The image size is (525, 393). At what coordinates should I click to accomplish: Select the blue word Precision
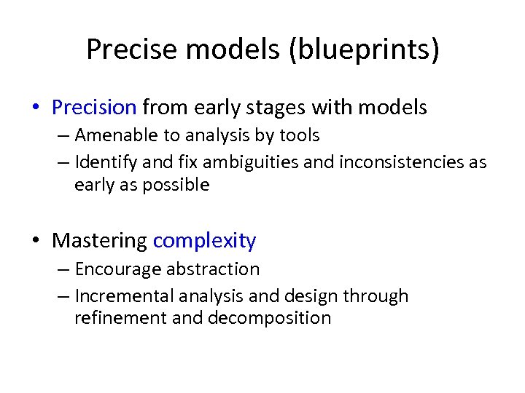click(94, 108)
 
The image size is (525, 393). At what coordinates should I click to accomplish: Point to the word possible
click(176, 185)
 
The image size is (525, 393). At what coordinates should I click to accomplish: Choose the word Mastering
click(100, 240)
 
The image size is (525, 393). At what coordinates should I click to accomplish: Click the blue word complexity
click(205, 241)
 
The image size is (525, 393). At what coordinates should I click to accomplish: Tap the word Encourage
click(118, 269)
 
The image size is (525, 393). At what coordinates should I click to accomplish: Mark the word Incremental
click(121, 296)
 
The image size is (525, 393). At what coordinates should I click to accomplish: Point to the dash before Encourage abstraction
click(63, 269)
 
